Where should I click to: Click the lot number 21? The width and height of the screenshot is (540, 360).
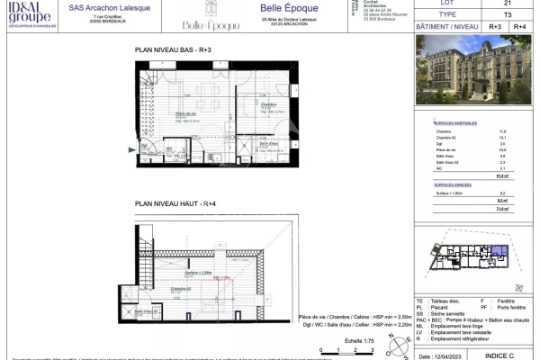(x=493, y=4)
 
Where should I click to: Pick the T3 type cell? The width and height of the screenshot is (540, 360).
(x=493, y=16)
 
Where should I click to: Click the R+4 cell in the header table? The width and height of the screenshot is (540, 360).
(x=518, y=28)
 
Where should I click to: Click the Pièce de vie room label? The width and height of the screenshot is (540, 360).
(x=186, y=114)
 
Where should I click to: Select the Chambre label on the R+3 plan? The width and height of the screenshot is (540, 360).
(x=244, y=105)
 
